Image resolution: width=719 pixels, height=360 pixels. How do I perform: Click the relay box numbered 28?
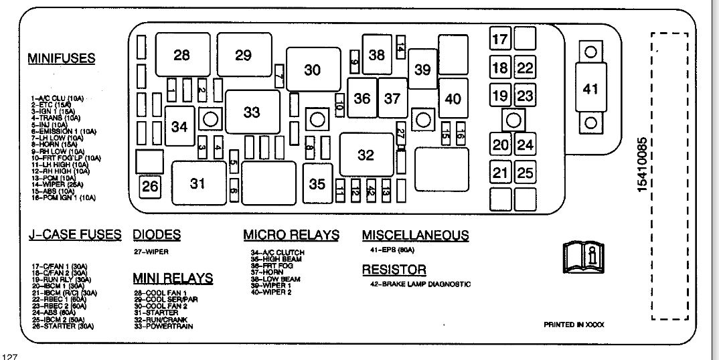182,56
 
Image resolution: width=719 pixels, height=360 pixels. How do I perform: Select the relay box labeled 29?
243,56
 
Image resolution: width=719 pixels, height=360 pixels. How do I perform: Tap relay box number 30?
313,70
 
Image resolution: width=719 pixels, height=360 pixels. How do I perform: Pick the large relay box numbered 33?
252,112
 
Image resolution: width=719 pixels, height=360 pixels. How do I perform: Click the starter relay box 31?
197,183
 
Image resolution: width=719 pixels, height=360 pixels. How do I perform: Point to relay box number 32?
366,155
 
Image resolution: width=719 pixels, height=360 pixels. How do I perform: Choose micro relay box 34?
179,125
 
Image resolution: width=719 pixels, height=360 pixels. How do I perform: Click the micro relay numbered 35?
317,183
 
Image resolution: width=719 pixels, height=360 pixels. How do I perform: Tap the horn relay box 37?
392,98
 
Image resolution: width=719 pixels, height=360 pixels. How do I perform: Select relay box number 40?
453,98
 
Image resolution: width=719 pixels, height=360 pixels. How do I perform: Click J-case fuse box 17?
500,39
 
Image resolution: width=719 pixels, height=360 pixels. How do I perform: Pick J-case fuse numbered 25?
526,173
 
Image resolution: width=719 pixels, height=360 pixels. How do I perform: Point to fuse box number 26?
151,186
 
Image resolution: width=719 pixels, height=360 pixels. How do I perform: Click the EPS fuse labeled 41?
590,88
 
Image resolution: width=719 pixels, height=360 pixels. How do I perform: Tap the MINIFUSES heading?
62,58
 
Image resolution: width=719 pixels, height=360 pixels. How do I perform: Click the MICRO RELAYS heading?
291,235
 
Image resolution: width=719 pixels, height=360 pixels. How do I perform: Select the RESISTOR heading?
394,270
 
